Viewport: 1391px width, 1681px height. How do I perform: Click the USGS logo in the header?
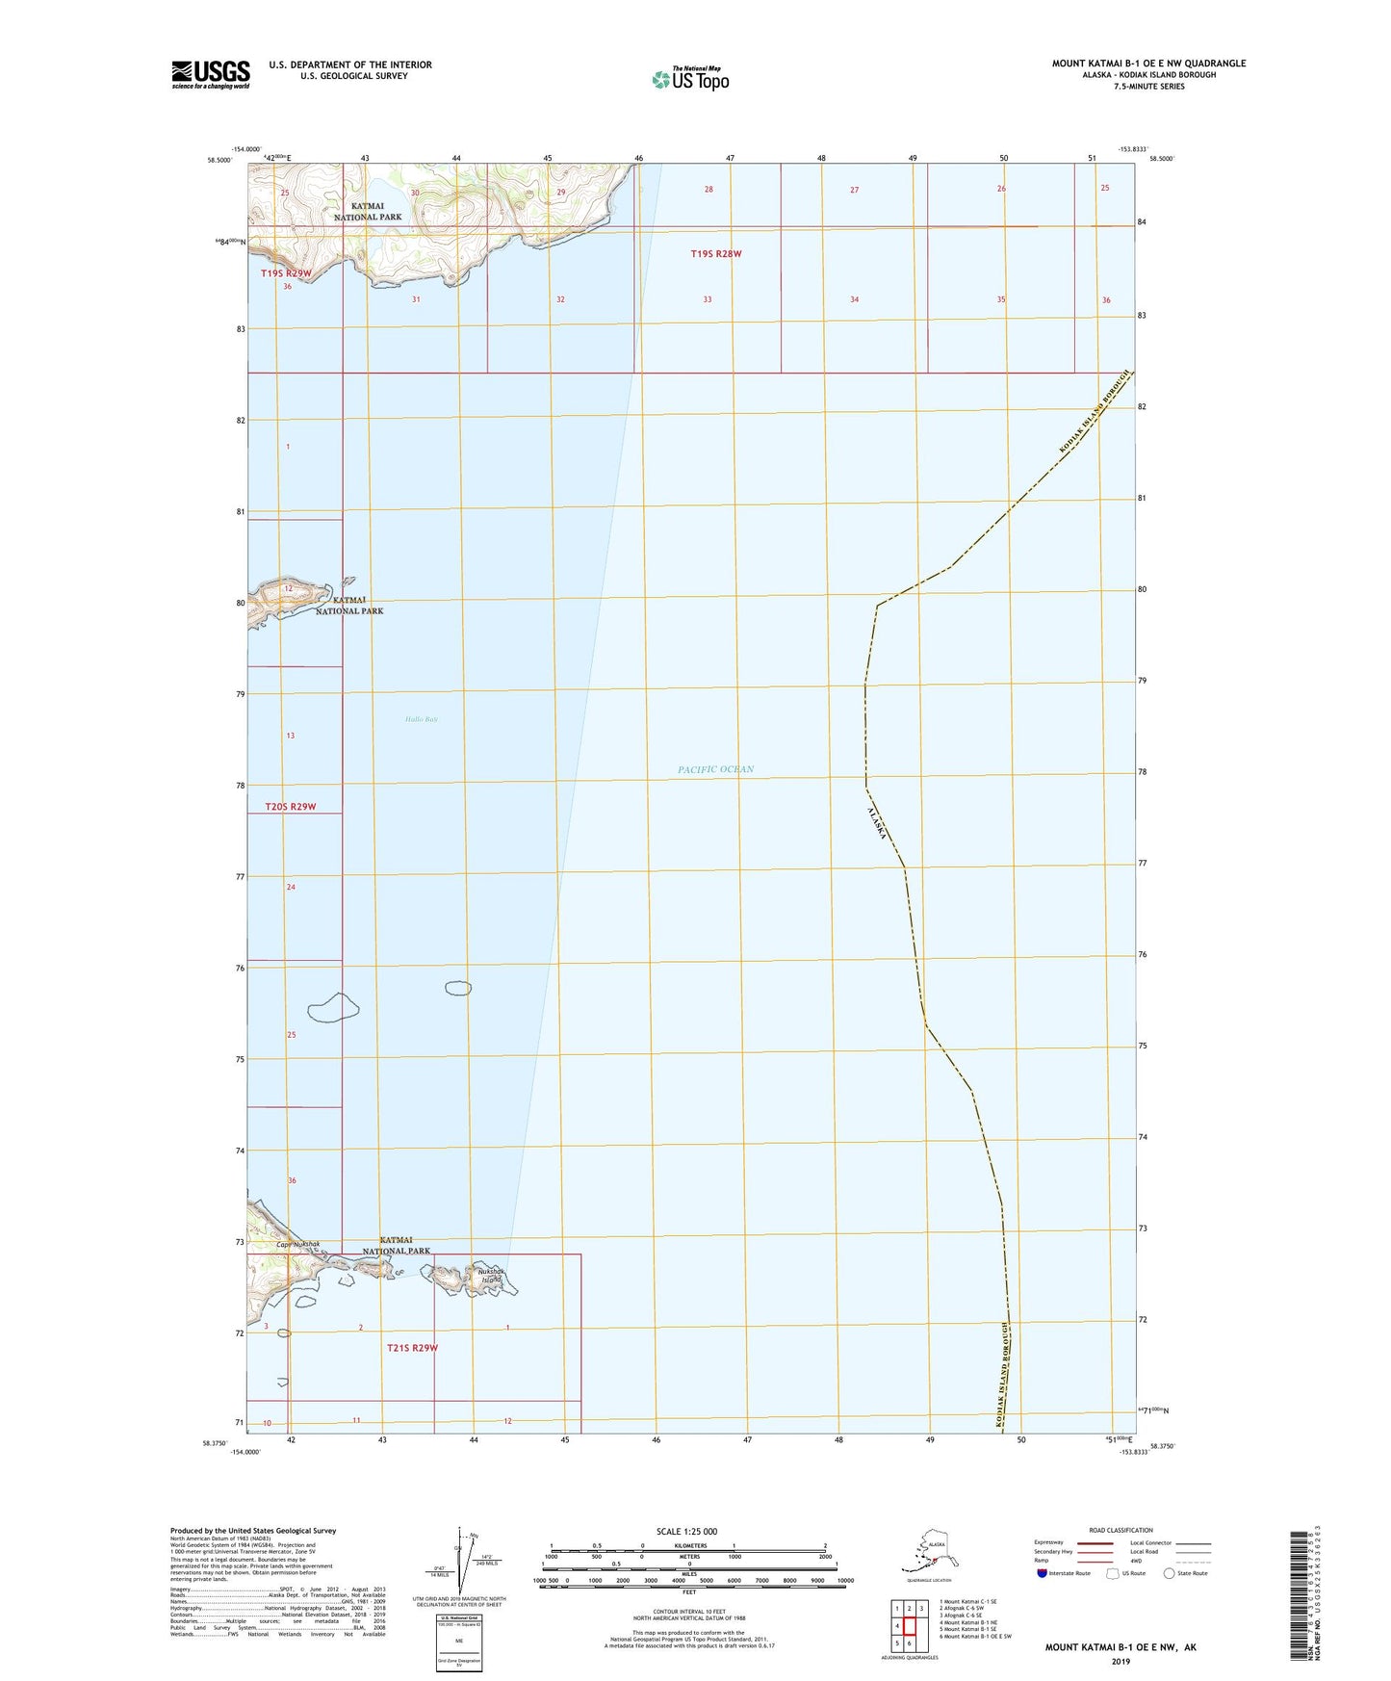tap(210, 73)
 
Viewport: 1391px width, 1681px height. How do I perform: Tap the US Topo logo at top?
tap(689, 78)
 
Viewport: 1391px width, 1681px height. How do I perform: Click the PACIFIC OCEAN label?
tap(715, 769)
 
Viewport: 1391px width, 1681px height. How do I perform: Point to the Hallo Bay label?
tap(421, 719)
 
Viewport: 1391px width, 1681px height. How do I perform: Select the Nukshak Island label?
tap(491, 1276)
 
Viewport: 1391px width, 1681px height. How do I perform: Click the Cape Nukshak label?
tap(297, 1245)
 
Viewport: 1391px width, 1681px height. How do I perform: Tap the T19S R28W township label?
tap(716, 254)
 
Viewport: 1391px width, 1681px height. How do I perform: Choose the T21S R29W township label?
tap(412, 1348)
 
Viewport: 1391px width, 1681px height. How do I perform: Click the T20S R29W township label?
tap(291, 807)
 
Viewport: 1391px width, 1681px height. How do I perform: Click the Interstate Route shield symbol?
tap(1043, 1573)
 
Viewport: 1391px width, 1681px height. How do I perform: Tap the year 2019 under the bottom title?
tap(1120, 1662)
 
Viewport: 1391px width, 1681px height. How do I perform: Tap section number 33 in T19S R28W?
tap(708, 299)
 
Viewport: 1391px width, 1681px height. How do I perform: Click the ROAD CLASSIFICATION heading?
tap(1121, 1530)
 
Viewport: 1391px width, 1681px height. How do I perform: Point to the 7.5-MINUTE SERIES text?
tap(1148, 87)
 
